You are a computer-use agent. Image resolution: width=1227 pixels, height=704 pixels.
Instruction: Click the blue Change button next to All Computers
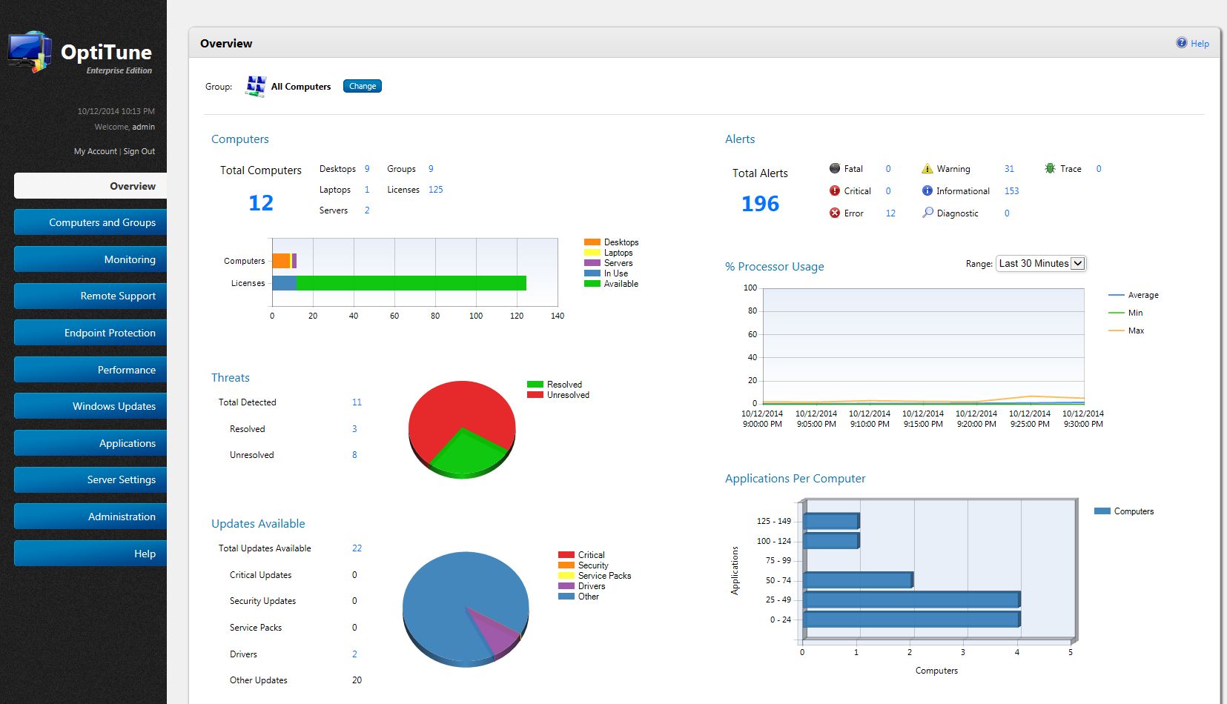point(362,86)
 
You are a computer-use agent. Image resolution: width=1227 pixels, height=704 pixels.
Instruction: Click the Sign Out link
point(139,151)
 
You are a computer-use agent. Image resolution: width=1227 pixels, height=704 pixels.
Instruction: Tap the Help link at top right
point(1199,44)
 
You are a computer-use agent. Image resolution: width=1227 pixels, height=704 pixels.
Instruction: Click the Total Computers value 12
point(261,203)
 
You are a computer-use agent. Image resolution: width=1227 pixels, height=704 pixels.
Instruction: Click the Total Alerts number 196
point(760,204)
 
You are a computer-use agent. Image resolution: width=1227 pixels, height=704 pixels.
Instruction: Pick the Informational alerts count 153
point(1011,191)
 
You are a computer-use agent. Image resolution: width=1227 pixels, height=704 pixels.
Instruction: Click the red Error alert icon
point(835,213)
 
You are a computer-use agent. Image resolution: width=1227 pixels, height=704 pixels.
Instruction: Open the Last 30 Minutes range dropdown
point(1040,263)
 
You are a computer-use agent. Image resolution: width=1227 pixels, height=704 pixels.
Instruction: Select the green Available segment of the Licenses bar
point(411,283)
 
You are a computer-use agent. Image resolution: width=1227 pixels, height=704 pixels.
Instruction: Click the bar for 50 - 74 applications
point(858,580)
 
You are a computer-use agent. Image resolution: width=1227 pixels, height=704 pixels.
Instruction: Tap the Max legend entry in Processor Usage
point(1135,331)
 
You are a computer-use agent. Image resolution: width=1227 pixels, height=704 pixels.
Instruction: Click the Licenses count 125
point(435,190)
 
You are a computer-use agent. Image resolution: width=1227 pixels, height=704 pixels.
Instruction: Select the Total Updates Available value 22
point(357,548)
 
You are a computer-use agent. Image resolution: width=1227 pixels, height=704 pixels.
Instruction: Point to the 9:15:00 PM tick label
point(922,419)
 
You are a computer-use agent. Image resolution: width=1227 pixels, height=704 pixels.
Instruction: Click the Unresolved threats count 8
point(354,455)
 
